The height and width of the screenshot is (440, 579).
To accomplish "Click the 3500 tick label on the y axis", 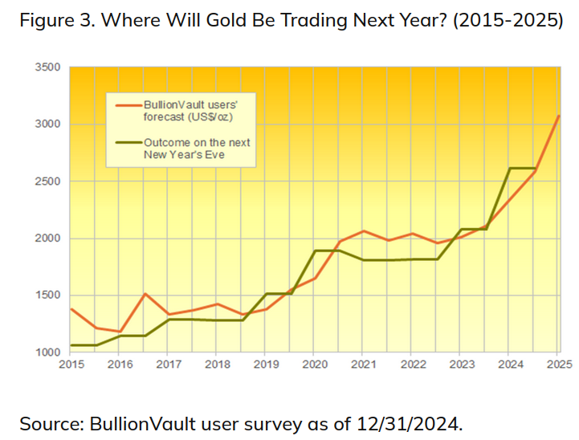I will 49,67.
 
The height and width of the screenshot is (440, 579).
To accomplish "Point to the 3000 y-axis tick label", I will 49,124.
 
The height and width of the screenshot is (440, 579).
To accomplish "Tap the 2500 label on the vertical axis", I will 49,181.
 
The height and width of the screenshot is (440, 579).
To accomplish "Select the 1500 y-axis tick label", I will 49,295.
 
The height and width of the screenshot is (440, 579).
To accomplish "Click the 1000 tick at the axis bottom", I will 49,352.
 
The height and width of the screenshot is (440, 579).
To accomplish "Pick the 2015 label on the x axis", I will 70,365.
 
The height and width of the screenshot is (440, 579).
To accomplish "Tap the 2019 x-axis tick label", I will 266,365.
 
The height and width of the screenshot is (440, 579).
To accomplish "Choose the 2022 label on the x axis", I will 412,365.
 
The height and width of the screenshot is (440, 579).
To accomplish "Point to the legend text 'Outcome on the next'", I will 197,142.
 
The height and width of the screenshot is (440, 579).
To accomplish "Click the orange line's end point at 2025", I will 559,116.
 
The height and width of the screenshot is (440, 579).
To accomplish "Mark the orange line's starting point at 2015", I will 71,309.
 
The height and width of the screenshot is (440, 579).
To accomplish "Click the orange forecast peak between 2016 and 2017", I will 144,294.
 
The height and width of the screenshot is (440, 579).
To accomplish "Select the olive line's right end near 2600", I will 535,168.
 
